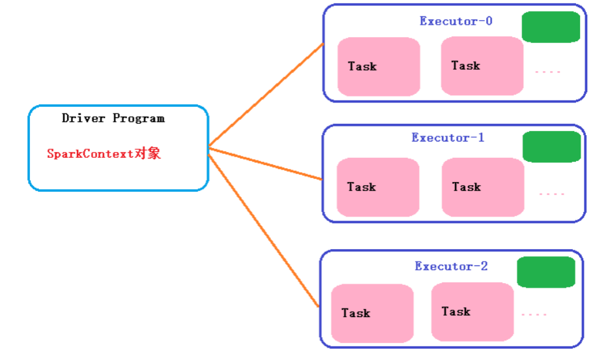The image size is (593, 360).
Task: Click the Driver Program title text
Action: tap(113, 118)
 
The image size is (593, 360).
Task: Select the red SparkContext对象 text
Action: tap(104, 154)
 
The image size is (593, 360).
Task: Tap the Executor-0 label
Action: tap(456, 21)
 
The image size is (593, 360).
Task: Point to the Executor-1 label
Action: tap(448, 138)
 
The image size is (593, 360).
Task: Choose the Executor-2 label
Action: tap(451, 266)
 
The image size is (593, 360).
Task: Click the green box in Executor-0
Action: tap(551, 27)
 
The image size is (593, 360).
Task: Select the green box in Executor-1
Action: tap(551, 147)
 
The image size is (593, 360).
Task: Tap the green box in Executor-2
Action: tap(546, 272)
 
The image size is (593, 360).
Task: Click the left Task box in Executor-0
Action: tap(379, 67)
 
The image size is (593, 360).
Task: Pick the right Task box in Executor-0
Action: tap(482, 66)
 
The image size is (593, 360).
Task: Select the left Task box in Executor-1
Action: tap(378, 187)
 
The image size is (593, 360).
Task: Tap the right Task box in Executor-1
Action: tap(483, 187)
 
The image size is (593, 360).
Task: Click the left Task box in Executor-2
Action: tap(372, 313)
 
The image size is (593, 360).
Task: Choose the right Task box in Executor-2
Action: tap(472, 312)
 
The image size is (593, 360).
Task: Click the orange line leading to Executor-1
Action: tap(265, 164)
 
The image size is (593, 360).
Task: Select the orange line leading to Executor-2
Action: tap(263, 228)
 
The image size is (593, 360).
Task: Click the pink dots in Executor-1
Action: tap(552, 194)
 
